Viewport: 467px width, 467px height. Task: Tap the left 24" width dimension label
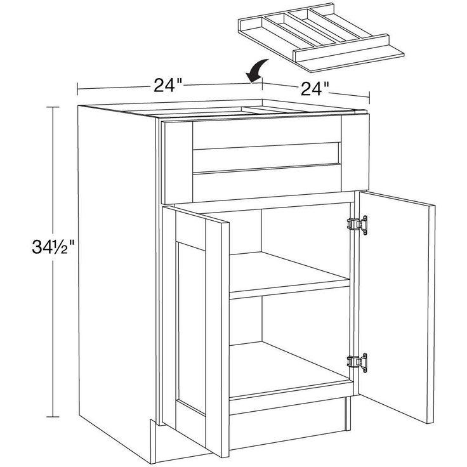pos(168,85)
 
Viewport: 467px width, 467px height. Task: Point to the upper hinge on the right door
pos(357,225)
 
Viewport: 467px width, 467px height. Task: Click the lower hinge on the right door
pos(357,362)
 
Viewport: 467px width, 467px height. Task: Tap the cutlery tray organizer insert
pos(320,37)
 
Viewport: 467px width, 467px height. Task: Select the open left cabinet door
pos(195,331)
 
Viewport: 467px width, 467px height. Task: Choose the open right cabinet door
pos(397,306)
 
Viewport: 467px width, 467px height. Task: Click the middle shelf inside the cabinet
pos(289,275)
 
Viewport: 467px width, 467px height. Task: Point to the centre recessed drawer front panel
pos(266,157)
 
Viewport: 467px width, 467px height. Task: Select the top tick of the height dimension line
pos(53,107)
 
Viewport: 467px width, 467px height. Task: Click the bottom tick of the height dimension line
pos(53,417)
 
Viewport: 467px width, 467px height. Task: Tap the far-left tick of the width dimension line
pos(77,89)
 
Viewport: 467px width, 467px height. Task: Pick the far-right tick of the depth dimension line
pos(369,97)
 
